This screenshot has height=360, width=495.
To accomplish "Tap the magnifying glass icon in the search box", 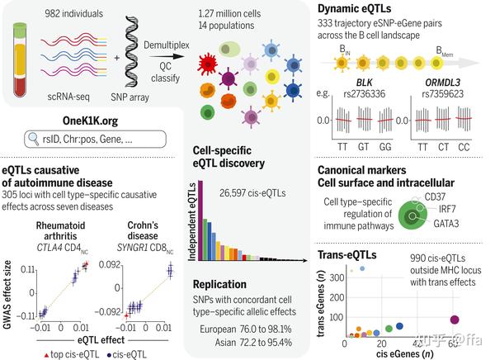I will (x=35, y=137).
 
